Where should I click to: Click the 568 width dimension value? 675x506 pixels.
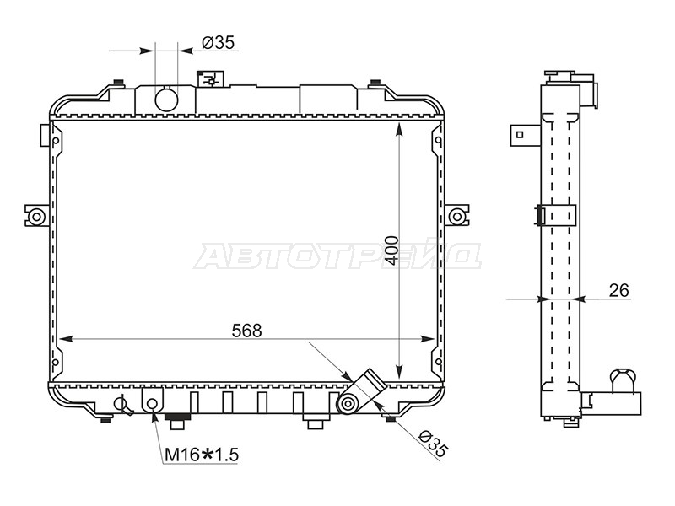click(246, 331)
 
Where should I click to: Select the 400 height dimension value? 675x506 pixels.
click(391, 250)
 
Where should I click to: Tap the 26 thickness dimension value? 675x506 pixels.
click(619, 290)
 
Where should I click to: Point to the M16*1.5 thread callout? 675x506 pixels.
click(202, 455)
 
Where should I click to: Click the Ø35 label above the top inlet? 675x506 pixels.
click(219, 43)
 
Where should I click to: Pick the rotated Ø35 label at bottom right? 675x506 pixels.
click(433, 444)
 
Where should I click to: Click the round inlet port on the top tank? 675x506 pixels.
click(166, 100)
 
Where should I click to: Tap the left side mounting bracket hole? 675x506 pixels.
click(36, 217)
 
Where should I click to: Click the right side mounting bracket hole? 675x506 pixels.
click(456, 217)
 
